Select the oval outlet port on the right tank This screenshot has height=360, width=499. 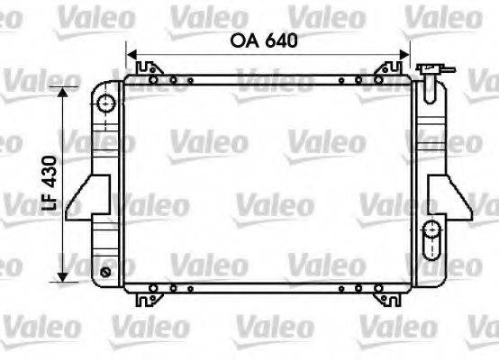click(432, 230)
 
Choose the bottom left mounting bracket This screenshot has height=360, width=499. click(146, 295)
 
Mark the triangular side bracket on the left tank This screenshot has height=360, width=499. click(90, 193)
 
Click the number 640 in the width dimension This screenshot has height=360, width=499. click(278, 40)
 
